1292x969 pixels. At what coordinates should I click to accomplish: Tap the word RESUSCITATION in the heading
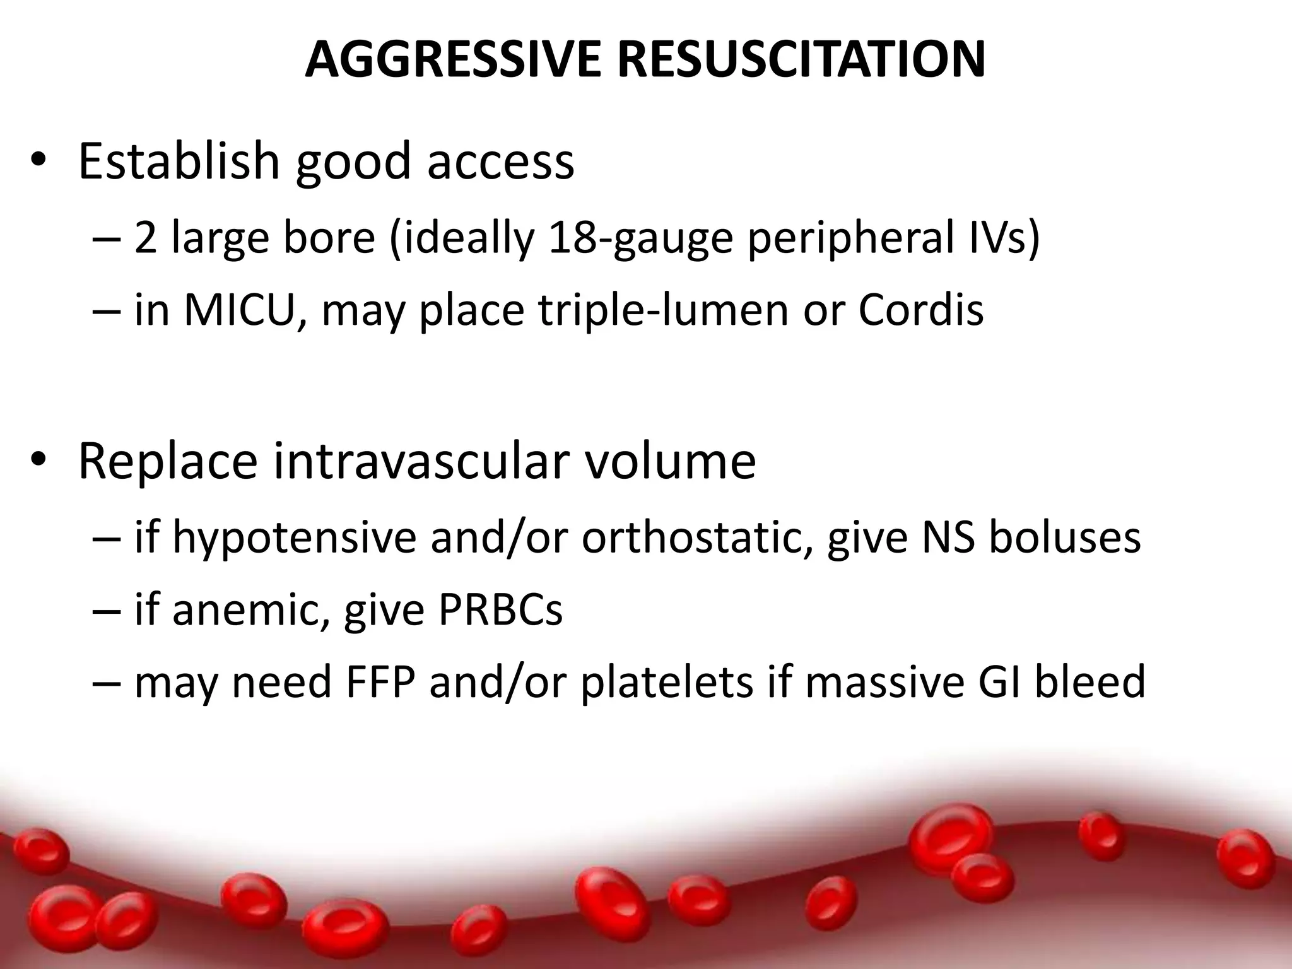pyautogui.click(x=801, y=60)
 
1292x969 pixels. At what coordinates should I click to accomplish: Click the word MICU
pyautogui.click(x=239, y=310)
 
